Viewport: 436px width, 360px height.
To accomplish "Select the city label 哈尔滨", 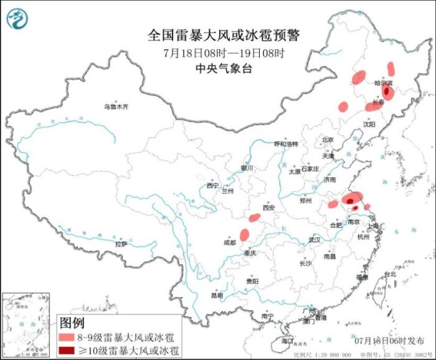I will pos(383,82).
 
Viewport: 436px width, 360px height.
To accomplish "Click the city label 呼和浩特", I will pos(287,144).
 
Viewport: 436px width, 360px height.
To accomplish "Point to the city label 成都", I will pos(230,242).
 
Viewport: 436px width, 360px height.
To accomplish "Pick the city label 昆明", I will pos(216,294).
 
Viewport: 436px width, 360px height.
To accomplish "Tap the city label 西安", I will pos(268,209).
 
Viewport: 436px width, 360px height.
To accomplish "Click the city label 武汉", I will pos(314,240).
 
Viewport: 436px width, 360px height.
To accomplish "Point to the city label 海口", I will pos(287,341).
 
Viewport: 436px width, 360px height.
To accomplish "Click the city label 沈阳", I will pos(369,124).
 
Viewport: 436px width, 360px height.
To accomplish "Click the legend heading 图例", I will pos(72,323).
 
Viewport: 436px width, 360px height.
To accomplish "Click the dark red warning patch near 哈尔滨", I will pos(387,92).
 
